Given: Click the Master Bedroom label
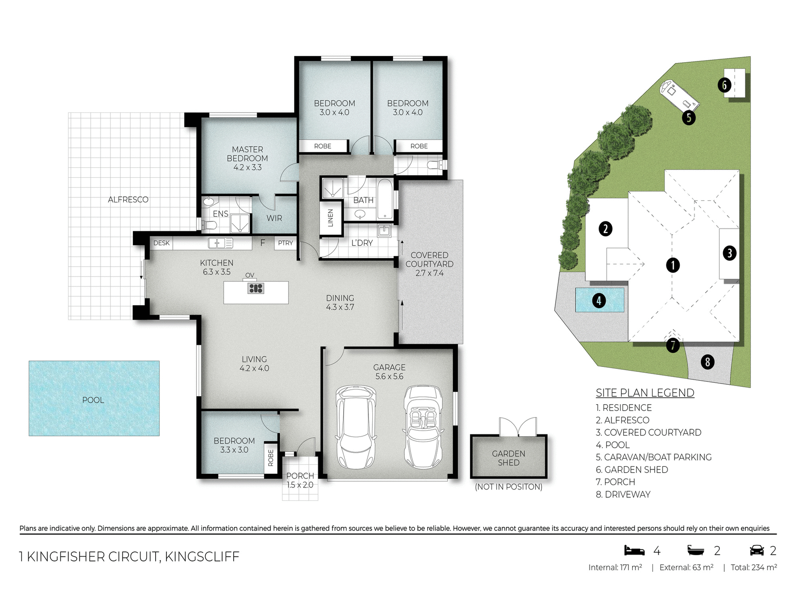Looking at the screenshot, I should pyautogui.click(x=247, y=158).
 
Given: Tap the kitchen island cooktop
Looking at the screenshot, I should pyautogui.click(x=256, y=288).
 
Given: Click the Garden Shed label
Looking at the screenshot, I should pyautogui.click(x=509, y=458).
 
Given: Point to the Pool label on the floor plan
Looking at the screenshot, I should pyautogui.click(x=93, y=400).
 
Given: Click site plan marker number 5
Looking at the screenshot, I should pyautogui.click(x=689, y=117).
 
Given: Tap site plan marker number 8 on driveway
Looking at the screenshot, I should pyautogui.click(x=707, y=362).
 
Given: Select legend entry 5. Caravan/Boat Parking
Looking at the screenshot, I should pyautogui.click(x=653, y=457).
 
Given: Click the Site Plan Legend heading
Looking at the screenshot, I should pyautogui.click(x=645, y=393).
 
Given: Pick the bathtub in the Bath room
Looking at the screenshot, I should pyautogui.click(x=385, y=199).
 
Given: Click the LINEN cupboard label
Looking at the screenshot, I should pyautogui.click(x=330, y=218).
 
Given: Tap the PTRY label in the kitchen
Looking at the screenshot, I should pyautogui.click(x=286, y=243).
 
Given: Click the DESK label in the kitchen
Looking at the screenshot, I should pyautogui.click(x=161, y=243).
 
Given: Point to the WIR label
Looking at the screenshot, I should pyautogui.click(x=274, y=218).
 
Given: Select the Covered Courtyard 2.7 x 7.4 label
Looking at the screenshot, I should pyautogui.click(x=429, y=264).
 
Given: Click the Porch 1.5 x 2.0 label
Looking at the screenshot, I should pyautogui.click(x=300, y=480).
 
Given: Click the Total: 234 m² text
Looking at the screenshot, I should pyautogui.click(x=753, y=568).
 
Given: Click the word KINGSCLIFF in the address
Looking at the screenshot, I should pyautogui.click(x=202, y=556).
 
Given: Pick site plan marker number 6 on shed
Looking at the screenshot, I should pyautogui.click(x=724, y=85).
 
